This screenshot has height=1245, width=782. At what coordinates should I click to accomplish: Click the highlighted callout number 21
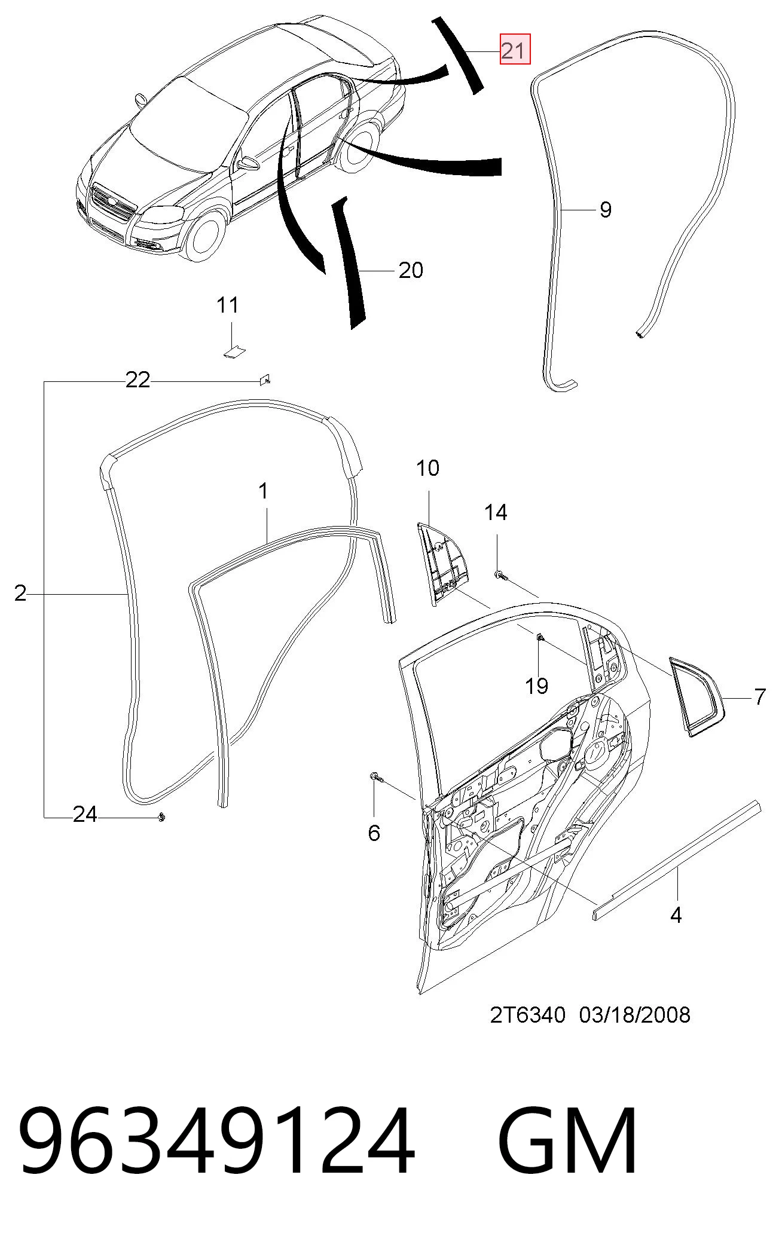[515, 51]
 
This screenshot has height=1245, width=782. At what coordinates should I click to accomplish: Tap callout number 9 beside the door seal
[605, 210]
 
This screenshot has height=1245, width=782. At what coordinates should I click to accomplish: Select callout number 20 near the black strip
[411, 270]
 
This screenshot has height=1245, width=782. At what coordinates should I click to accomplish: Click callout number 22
[138, 380]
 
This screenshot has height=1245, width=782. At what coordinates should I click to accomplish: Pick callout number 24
[85, 814]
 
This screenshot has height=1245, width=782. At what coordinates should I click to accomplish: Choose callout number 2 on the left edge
[20, 594]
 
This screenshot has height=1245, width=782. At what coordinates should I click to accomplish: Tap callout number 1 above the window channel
[263, 491]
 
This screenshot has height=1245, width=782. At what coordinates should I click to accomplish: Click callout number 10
[428, 468]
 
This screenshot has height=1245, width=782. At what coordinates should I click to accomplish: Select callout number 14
[496, 512]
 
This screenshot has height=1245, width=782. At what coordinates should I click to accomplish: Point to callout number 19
[537, 686]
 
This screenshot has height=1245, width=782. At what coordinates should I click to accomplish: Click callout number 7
[759, 697]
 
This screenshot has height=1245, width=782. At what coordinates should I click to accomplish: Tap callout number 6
[374, 833]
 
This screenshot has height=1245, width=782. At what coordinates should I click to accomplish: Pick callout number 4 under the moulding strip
[676, 915]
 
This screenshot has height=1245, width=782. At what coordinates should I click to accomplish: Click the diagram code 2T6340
[527, 1015]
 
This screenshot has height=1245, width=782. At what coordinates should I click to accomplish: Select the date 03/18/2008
[635, 1015]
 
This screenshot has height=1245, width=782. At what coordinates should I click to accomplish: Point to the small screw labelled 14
[500, 576]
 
